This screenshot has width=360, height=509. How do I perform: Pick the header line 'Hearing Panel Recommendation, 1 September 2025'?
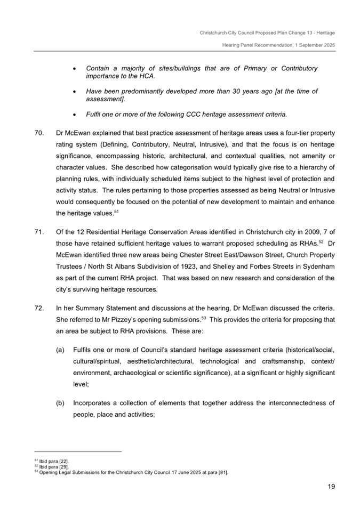pyautogui.click(x=278, y=45)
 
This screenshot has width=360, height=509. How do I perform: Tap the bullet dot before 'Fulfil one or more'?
pyautogui.click(x=75, y=114)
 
